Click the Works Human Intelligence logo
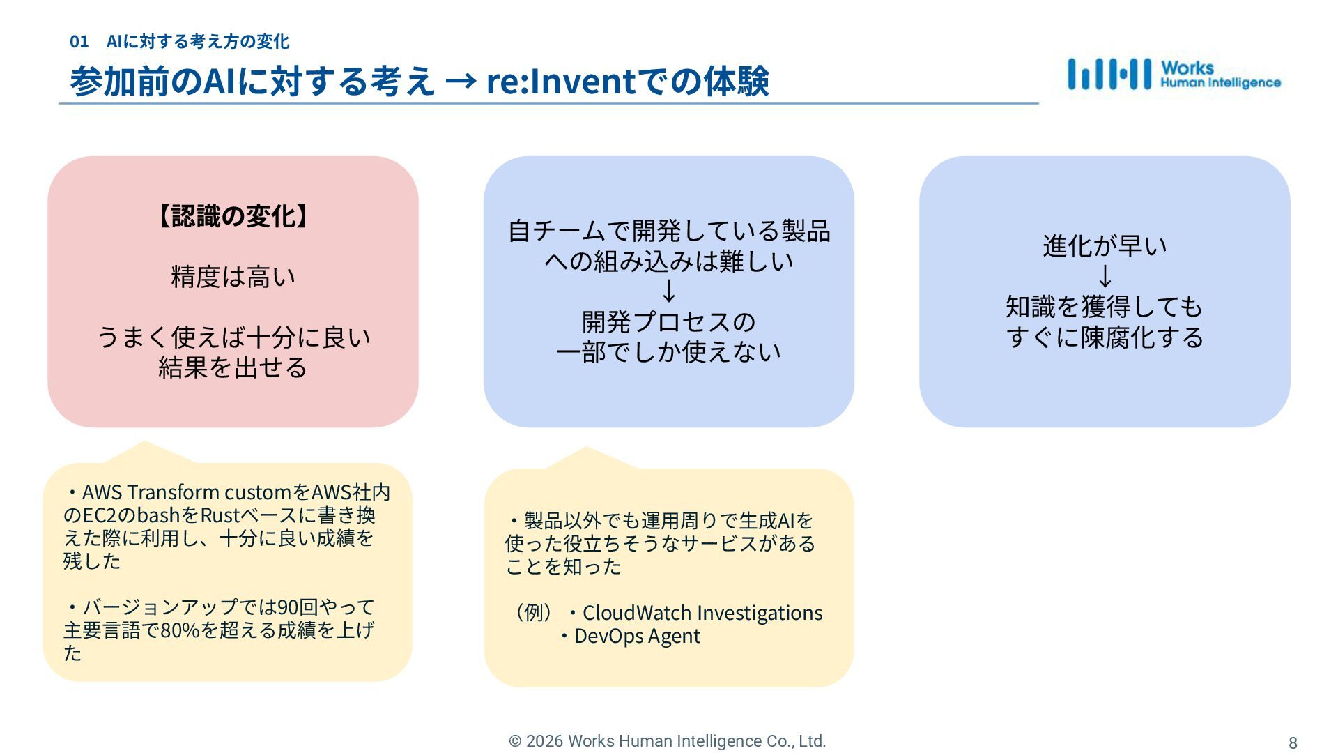1174,75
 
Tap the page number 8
1293,743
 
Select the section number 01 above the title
79,42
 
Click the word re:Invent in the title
560,81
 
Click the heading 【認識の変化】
233,216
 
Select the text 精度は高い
233,277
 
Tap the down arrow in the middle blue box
668,291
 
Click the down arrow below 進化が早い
1105,276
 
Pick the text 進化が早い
1105,246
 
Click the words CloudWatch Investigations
702,613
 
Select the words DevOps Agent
637,636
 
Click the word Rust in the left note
220,515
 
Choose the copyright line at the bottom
668,741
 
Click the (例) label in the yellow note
533,613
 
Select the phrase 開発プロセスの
668,322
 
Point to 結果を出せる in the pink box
233,367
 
